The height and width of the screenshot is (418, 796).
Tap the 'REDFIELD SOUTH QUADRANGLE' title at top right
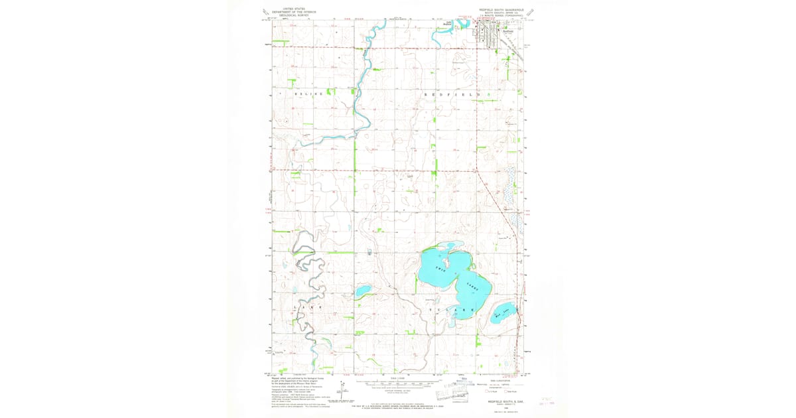pyautogui.click(x=501, y=10)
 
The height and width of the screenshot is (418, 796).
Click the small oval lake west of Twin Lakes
pyautogui.click(x=363, y=291)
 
